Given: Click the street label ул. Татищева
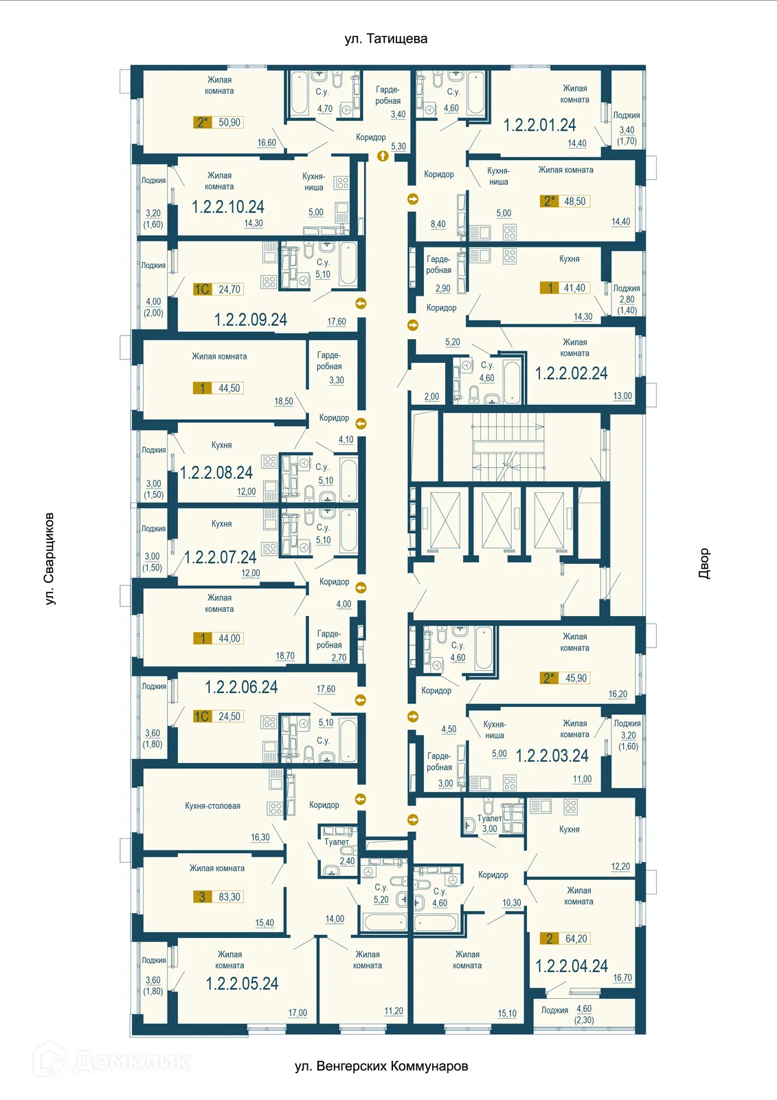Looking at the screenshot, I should [385, 39].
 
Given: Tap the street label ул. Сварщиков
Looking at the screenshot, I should [49, 558].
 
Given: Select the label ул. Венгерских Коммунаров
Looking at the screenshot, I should [381, 1066].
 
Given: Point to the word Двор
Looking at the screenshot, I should [703, 563].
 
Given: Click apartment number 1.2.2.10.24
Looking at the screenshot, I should [227, 207].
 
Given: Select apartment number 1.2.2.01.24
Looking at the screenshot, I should [539, 125].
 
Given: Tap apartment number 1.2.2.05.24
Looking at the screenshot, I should [242, 984].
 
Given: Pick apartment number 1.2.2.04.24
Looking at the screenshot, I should [572, 967].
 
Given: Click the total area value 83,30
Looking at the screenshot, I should [229, 897].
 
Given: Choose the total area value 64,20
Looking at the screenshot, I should [576, 938].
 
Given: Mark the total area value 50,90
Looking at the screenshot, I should [229, 122].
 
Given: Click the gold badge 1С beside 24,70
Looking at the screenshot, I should [201, 289].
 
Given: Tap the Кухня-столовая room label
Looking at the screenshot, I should [212, 806].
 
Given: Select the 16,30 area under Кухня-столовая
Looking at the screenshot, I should [260, 837].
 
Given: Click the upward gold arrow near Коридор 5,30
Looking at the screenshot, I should [383, 156].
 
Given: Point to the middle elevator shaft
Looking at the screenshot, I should [497, 520].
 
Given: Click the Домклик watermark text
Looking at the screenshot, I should [131, 1061].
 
